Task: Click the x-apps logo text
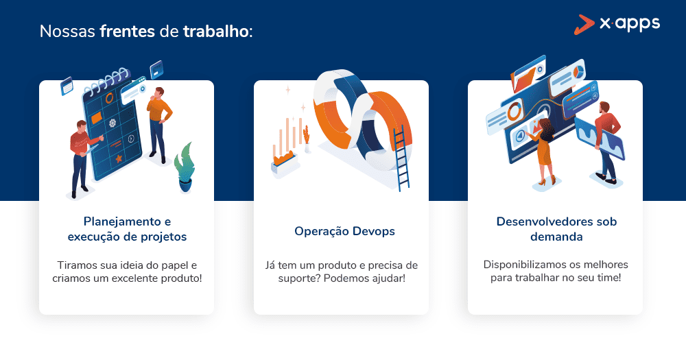pos(630,23)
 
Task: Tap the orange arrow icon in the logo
pos(584,25)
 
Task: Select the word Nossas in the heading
pos(67,32)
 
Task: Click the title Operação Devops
pos(345,231)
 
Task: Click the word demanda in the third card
pos(556,237)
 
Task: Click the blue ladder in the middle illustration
pos(402,158)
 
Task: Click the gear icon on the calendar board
pos(113,123)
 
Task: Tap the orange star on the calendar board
pos(119,158)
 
